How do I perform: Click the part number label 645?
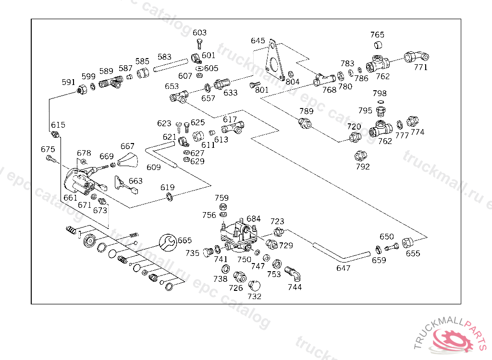258,41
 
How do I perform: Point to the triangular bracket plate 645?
274,60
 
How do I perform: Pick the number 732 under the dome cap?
254,296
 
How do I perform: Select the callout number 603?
199,33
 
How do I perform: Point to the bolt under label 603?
199,43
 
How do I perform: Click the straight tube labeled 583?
171,66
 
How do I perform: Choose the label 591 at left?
69,82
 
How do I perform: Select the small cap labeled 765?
378,46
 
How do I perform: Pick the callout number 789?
306,111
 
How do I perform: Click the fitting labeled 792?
360,156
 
